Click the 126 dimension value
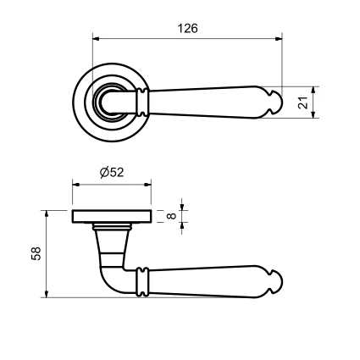tap(188, 29)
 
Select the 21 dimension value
tap(303, 102)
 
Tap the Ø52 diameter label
tap(112, 172)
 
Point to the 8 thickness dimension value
tap(171, 216)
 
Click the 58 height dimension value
tap(36, 253)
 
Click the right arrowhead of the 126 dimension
tap(278, 39)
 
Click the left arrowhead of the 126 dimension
tap(97, 39)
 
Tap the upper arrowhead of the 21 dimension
tap(313, 91)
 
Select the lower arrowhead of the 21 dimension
tap(313, 114)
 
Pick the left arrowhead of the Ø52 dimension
tap(76, 185)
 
